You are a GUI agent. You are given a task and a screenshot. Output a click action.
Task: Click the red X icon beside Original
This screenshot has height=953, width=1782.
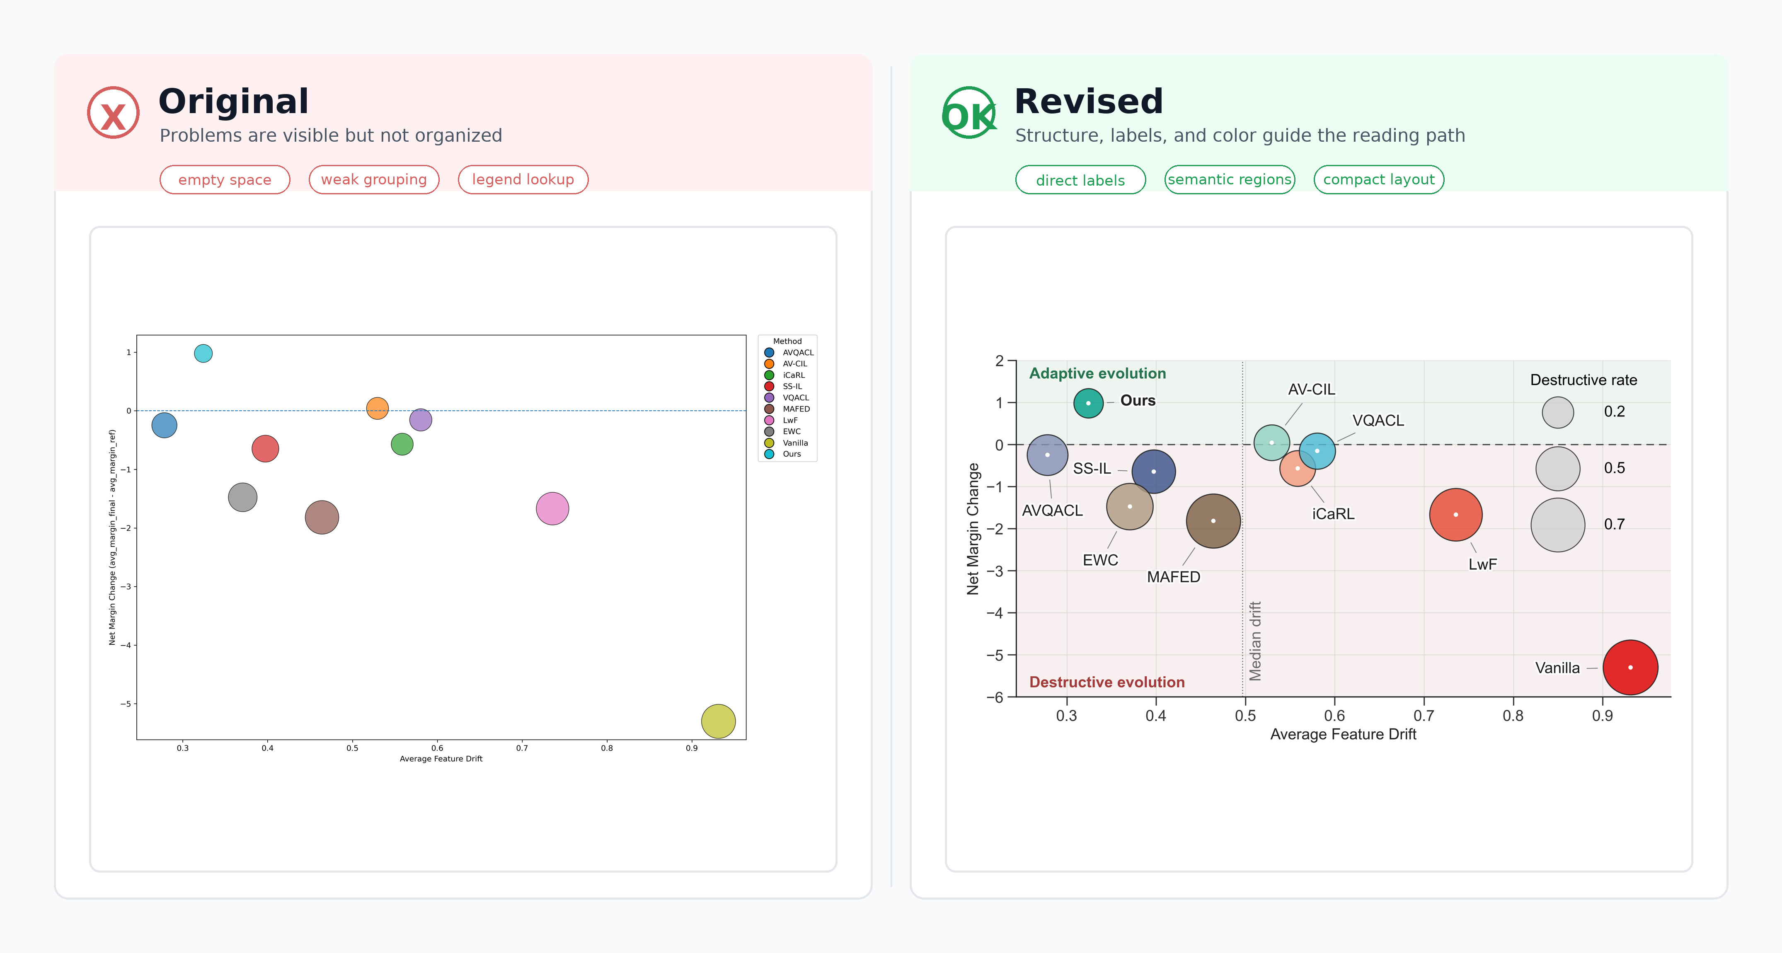113,113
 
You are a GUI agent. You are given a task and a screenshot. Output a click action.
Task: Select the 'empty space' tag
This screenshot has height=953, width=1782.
225,180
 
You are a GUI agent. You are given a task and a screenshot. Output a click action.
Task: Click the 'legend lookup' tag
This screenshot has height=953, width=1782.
523,180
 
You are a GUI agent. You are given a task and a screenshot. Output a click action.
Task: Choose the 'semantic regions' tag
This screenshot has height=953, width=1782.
1229,180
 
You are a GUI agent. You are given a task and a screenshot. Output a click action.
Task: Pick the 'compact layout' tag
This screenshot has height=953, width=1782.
1379,180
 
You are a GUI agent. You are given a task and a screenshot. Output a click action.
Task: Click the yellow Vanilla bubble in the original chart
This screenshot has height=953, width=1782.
718,721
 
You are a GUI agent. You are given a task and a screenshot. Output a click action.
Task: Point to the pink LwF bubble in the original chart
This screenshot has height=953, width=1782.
552,509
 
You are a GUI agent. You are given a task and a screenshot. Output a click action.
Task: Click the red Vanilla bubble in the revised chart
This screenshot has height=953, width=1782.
1630,668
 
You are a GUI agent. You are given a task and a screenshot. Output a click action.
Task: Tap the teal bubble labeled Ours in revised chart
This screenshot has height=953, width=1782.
1088,403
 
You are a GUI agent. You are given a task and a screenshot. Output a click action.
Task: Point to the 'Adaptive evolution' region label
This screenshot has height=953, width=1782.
1097,373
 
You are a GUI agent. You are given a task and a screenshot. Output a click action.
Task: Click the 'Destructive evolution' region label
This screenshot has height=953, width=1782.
1107,682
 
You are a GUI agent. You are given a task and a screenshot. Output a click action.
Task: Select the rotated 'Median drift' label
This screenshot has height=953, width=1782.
1255,641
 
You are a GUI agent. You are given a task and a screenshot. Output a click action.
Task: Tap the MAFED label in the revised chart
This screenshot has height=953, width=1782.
1173,577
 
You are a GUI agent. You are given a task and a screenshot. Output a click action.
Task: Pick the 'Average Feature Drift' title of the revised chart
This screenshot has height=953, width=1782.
1343,735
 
